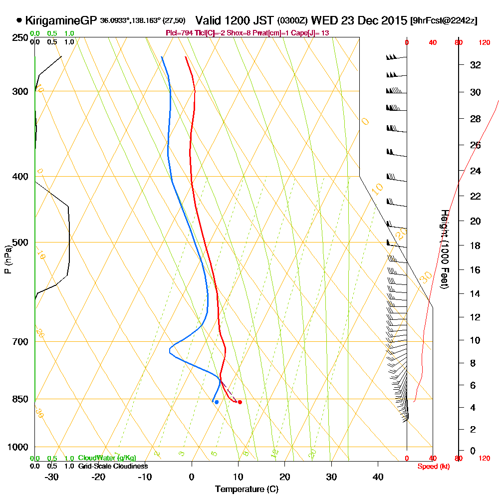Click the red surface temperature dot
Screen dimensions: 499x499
click(240, 402)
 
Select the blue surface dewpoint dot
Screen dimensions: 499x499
click(216, 402)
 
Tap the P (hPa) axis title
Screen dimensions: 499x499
click(7, 259)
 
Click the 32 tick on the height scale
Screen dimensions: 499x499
click(476, 65)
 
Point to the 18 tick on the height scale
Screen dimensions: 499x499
click(476, 246)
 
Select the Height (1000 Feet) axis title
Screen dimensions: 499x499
click(444, 249)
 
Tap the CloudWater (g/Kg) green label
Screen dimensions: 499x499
click(107, 458)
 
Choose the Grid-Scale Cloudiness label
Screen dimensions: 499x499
click(113, 466)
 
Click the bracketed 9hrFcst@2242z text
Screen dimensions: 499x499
click(443, 21)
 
